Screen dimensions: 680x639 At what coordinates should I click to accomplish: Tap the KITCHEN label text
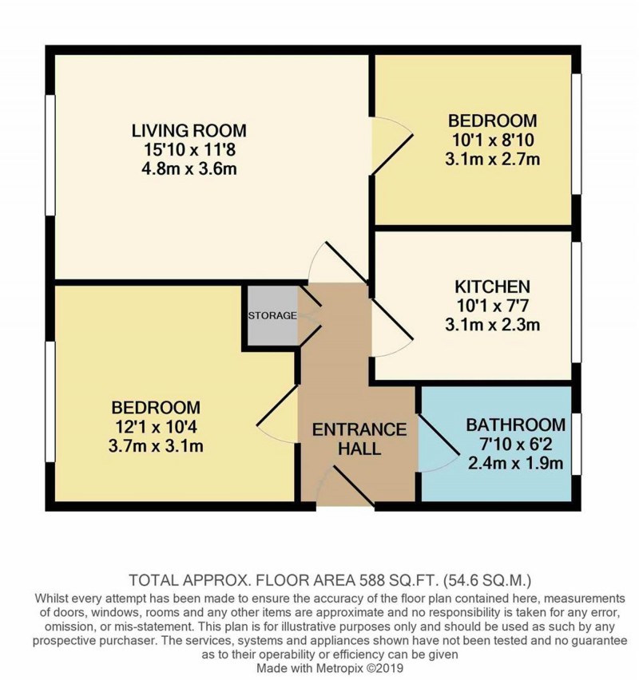(493, 287)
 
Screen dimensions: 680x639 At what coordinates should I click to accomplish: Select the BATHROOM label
(515, 425)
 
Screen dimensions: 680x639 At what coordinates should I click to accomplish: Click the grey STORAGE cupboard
(271, 315)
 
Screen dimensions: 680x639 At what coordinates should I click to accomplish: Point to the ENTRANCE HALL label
(359, 439)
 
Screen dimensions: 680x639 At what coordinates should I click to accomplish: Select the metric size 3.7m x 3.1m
(157, 445)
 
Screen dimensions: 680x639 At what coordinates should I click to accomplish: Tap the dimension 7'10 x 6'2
(515, 444)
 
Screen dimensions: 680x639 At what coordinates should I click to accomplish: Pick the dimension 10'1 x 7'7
(493, 306)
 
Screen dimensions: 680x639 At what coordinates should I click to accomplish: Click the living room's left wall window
(50, 156)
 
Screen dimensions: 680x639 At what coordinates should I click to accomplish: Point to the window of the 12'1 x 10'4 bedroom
(50, 401)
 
